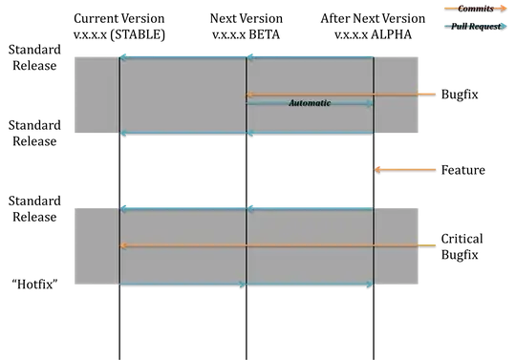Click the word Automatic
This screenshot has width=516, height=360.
click(310, 102)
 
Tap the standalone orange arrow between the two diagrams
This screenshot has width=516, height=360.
click(405, 169)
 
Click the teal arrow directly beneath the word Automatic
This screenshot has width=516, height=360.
click(310, 104)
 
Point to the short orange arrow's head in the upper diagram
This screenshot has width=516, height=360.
click(250, 95)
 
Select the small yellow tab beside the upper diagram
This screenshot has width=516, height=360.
click(427, 92)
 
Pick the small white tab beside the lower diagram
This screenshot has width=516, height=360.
click(427, 242)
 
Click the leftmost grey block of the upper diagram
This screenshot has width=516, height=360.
click(95, 95)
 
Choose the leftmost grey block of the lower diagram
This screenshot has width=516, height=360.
click(95, 246)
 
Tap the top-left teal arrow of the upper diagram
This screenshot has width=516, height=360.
click(183, 56)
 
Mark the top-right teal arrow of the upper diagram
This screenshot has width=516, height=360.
click(310, 56)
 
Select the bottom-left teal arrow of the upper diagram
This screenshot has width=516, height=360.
click(183, 134)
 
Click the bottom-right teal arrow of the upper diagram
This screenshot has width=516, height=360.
click(310, 134)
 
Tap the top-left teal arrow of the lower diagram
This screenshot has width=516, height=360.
click(183, 207)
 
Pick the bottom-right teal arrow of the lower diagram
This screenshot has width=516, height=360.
click(310, 285)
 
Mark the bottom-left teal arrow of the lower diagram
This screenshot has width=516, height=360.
click(183, 285)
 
